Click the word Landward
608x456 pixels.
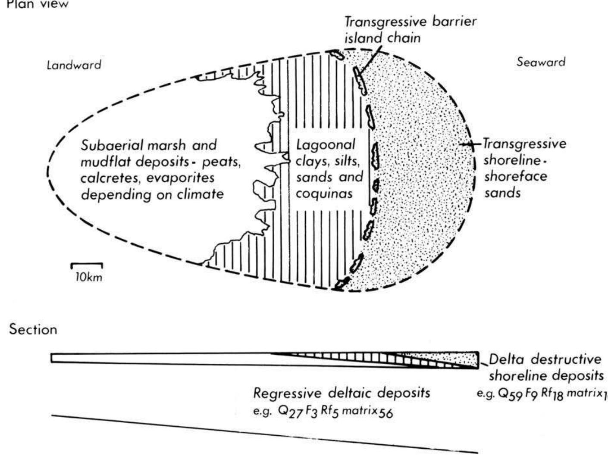(x=74, y=65)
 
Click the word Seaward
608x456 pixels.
(x=541, y=62)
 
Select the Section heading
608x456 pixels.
(x=33, y=330)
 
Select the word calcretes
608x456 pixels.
(x=110, y=178)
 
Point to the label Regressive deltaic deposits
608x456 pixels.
(x=341, y=393)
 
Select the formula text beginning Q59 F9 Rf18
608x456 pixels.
(x=541, y=394)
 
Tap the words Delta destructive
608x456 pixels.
(x=545, y=359)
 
